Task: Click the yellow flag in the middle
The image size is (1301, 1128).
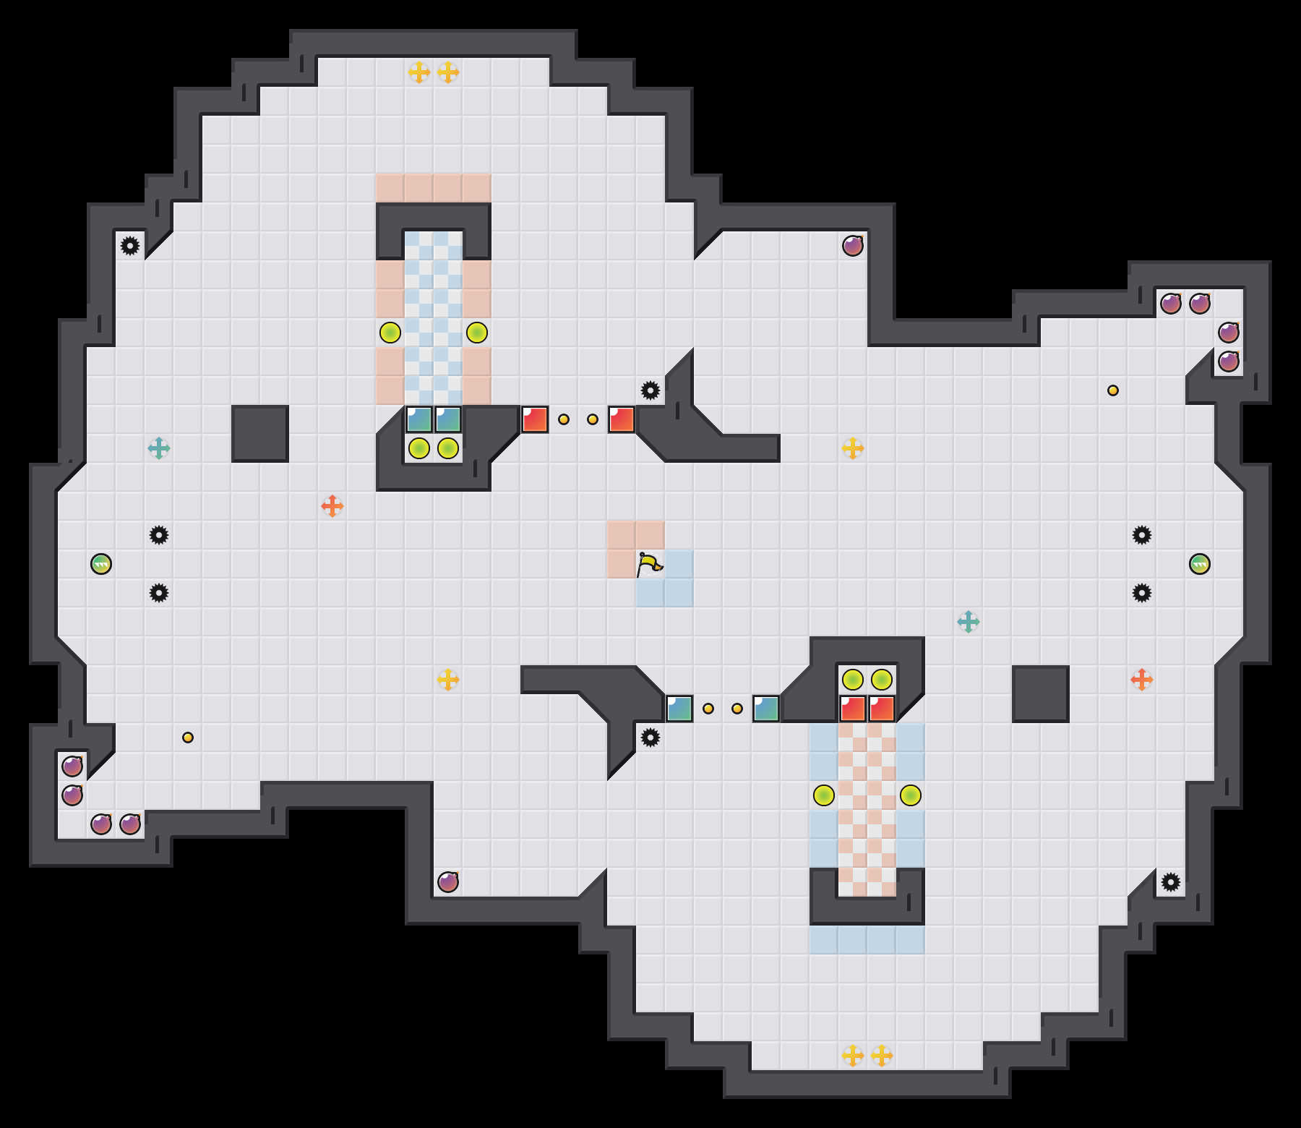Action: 649,564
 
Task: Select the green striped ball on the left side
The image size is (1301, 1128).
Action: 101,564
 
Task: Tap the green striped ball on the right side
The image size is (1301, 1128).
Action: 1200,564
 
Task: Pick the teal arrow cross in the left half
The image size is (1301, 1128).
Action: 159,448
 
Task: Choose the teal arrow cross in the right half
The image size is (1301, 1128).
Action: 969,622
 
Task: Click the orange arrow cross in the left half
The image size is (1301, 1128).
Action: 332,506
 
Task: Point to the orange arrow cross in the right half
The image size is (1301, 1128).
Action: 1142,680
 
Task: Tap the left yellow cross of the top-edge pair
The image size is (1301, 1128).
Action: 419,72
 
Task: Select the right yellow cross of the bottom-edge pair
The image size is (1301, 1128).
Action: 882,1056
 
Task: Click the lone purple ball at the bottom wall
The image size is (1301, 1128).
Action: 448,882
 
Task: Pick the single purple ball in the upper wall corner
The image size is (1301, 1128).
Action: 853,246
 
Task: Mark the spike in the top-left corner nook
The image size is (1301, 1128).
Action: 130,246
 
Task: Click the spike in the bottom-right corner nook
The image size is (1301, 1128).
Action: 1171,882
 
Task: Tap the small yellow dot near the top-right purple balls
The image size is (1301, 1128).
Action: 1113,390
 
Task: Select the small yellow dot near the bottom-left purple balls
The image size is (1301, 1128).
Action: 188,738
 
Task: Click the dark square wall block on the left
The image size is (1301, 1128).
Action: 260,434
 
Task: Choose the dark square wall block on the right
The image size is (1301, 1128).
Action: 1041,694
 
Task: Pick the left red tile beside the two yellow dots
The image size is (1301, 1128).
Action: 535,419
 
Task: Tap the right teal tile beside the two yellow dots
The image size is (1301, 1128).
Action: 766,709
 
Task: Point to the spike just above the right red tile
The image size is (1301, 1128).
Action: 650,390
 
